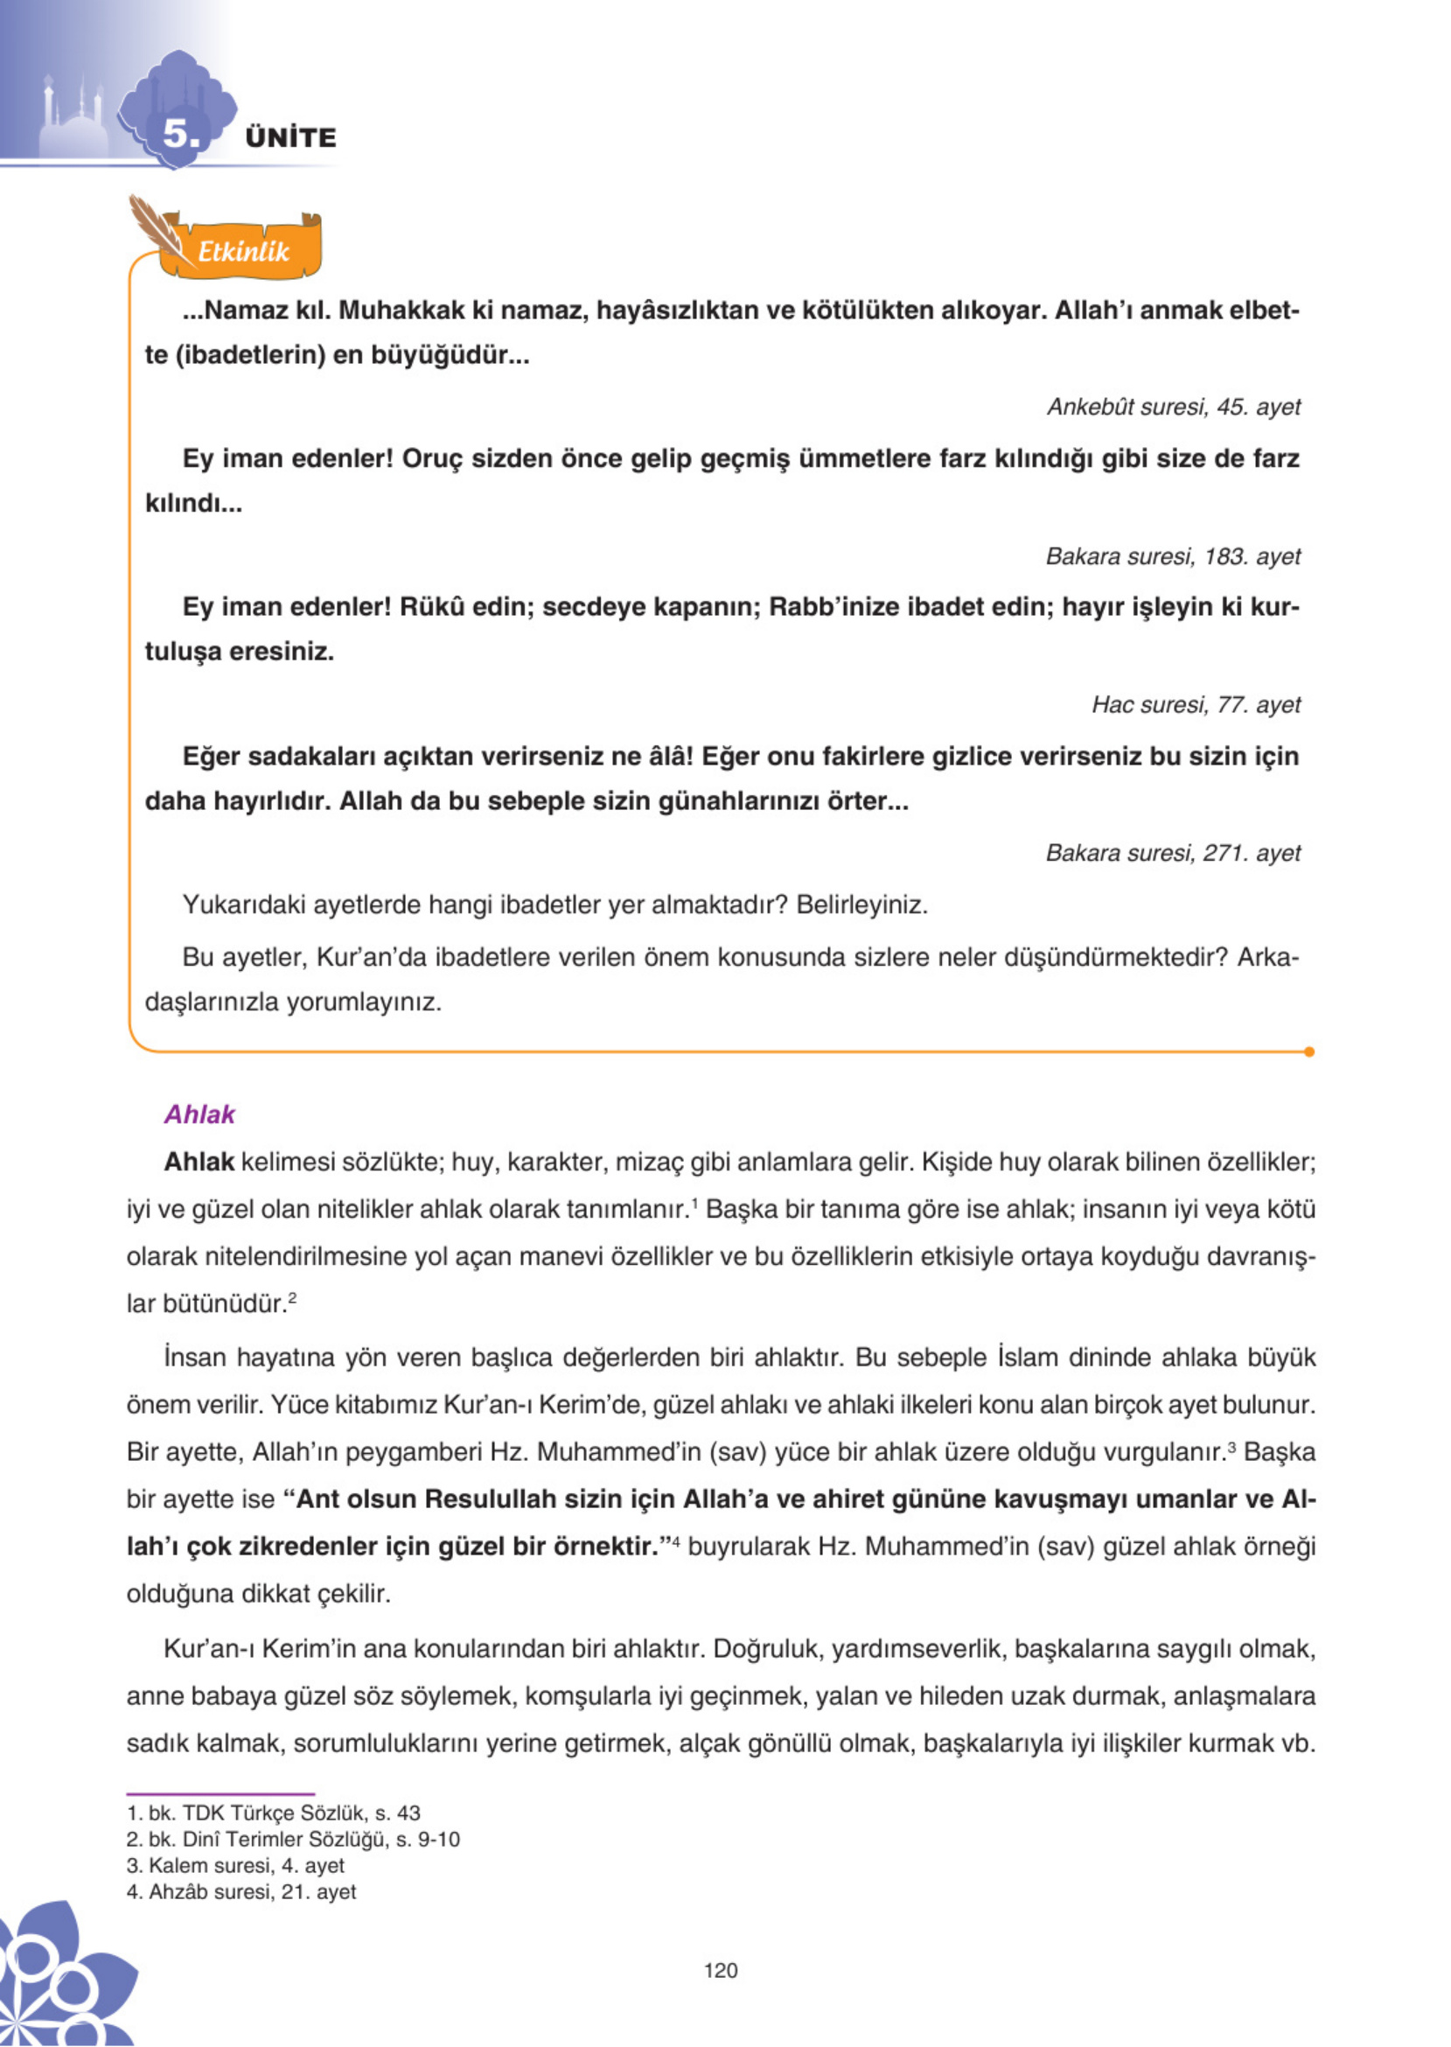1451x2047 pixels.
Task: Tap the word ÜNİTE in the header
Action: [x=291, y=137]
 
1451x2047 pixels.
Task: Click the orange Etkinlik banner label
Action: [x=242, y=251]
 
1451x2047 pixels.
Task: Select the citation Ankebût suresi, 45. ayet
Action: [x=1173, y=407]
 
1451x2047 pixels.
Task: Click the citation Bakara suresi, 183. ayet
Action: [x=1172, y=555]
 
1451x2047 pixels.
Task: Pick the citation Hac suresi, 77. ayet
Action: [x=1196, y=704]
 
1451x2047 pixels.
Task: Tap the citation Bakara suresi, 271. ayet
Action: [x=1172, y=852]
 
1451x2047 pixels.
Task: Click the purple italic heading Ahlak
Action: [x=199, y=1114]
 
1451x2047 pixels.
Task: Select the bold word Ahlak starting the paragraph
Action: [x=199, y=1162]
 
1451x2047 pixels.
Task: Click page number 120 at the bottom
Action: [x=720, y=1970]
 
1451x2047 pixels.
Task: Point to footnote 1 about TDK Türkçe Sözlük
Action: [x=274, y=1813]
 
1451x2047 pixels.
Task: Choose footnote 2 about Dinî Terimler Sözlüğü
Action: [x=293, y=1839]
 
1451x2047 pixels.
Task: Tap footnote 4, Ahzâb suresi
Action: [x=241, y=1891]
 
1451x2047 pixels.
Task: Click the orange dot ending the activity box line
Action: [x=1309, y=1051]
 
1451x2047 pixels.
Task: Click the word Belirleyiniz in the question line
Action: [x=862, y=905]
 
